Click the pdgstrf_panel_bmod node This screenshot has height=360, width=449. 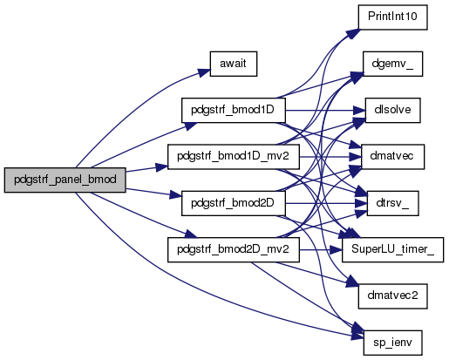(x=65, y=180)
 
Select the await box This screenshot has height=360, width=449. (x=234, y=64)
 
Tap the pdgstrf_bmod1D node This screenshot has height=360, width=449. (x=234, y=110)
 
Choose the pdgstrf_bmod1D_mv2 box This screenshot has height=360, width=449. (x=234, y=157)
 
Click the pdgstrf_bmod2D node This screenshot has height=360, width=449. (x=234, y=203)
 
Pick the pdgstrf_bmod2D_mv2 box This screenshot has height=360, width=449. (x=234, y=249)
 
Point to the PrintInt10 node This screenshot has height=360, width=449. (x=392, y=17)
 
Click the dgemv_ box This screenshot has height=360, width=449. (x=392, y=64)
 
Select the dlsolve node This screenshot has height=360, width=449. (x=392, y=110)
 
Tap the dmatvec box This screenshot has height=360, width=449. (x=392, y=157)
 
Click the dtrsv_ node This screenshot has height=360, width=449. (x=392, y=203)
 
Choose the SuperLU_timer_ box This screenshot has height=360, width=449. (x=392, y=249)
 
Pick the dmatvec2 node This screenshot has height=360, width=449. (x=392, y=296)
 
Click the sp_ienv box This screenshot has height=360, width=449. (x=392, y=343)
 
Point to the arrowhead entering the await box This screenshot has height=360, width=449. (x=203, y=72)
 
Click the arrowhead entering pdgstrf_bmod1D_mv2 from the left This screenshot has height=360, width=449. (x=161, y=167)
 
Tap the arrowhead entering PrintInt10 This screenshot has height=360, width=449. (x=353, y=34)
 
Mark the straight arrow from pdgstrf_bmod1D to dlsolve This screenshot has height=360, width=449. (x=325, y=111)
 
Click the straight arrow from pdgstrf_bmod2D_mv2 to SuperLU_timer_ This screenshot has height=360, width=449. (x=321, y=250)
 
